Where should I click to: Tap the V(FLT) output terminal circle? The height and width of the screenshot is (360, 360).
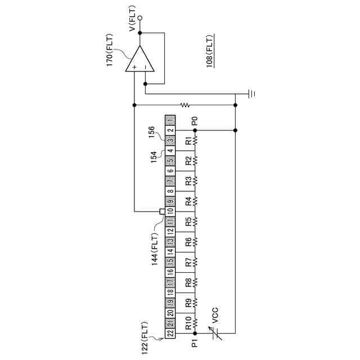pyautogui.click(x=140, y=18)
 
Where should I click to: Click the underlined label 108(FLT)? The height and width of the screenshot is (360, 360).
pyautogui.click(x=209, y=52)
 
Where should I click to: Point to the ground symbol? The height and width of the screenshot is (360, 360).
pyautogui.click(x=252, y=93)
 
